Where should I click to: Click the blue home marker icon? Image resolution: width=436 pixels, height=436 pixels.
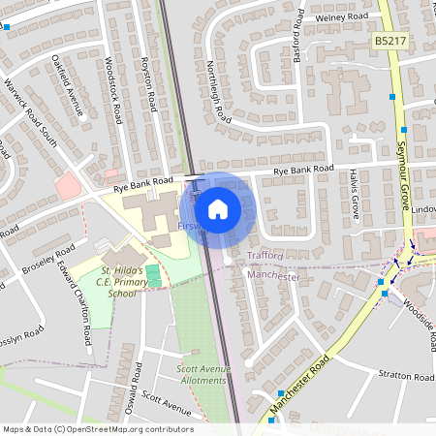coord(218,207)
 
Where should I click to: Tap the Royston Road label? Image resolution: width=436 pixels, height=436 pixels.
coord(147,81)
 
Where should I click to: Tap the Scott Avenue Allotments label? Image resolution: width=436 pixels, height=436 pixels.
coord(203,374)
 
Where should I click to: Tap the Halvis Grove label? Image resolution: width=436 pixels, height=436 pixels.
coord(355,195)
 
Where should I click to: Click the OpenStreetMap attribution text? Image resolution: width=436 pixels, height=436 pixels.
coord(97,429)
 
